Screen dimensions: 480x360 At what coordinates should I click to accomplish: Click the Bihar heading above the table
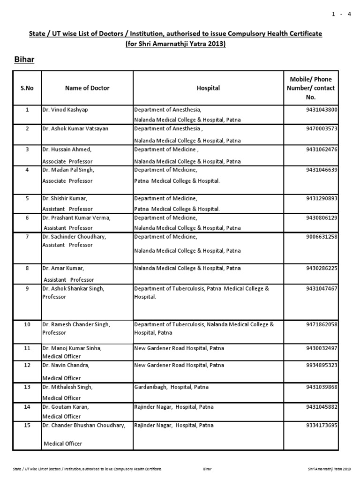pos(23,60)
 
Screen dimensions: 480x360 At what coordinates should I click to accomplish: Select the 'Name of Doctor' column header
pos(87,88)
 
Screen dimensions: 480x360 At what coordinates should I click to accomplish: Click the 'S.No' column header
pos(27,88)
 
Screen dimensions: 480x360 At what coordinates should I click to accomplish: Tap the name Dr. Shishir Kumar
pos(66,198)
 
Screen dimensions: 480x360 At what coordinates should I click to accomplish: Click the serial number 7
pos(27,237)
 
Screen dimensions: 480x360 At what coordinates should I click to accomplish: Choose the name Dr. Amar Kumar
pos(63,268)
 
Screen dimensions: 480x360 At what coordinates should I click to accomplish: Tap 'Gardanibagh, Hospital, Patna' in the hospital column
pos(172,387)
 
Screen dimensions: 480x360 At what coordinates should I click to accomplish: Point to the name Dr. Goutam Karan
pos(65,408)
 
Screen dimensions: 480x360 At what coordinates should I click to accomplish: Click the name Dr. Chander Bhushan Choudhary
pos(84,426)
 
